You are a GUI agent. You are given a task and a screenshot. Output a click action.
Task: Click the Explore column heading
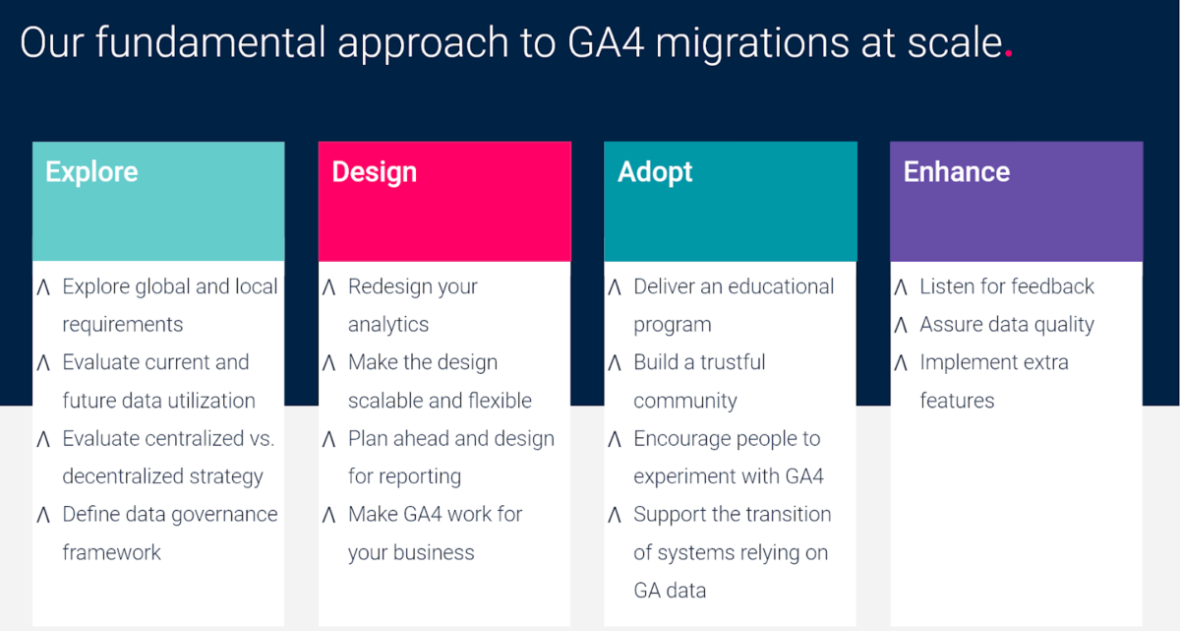tap(91, 172)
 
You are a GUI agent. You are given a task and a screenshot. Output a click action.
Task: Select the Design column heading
tap(374, 172)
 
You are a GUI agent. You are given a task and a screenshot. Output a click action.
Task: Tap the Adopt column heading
tap(655, 172)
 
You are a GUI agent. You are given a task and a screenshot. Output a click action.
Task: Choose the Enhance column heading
tap(956, 172)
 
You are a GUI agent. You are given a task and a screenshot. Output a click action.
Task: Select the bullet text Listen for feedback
tap(1006, 286)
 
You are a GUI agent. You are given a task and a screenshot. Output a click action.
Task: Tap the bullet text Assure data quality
tap(1006, 325)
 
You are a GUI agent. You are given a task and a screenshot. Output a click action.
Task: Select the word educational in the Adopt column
tap(774, 286)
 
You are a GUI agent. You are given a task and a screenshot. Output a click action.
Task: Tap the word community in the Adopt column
tap(684, 402)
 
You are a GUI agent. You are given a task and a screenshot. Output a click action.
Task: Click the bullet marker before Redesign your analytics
tap(329, 287)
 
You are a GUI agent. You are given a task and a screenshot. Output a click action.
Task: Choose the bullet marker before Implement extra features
tap(901, 363)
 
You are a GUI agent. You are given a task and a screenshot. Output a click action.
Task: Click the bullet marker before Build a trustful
tap(615, 363)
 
